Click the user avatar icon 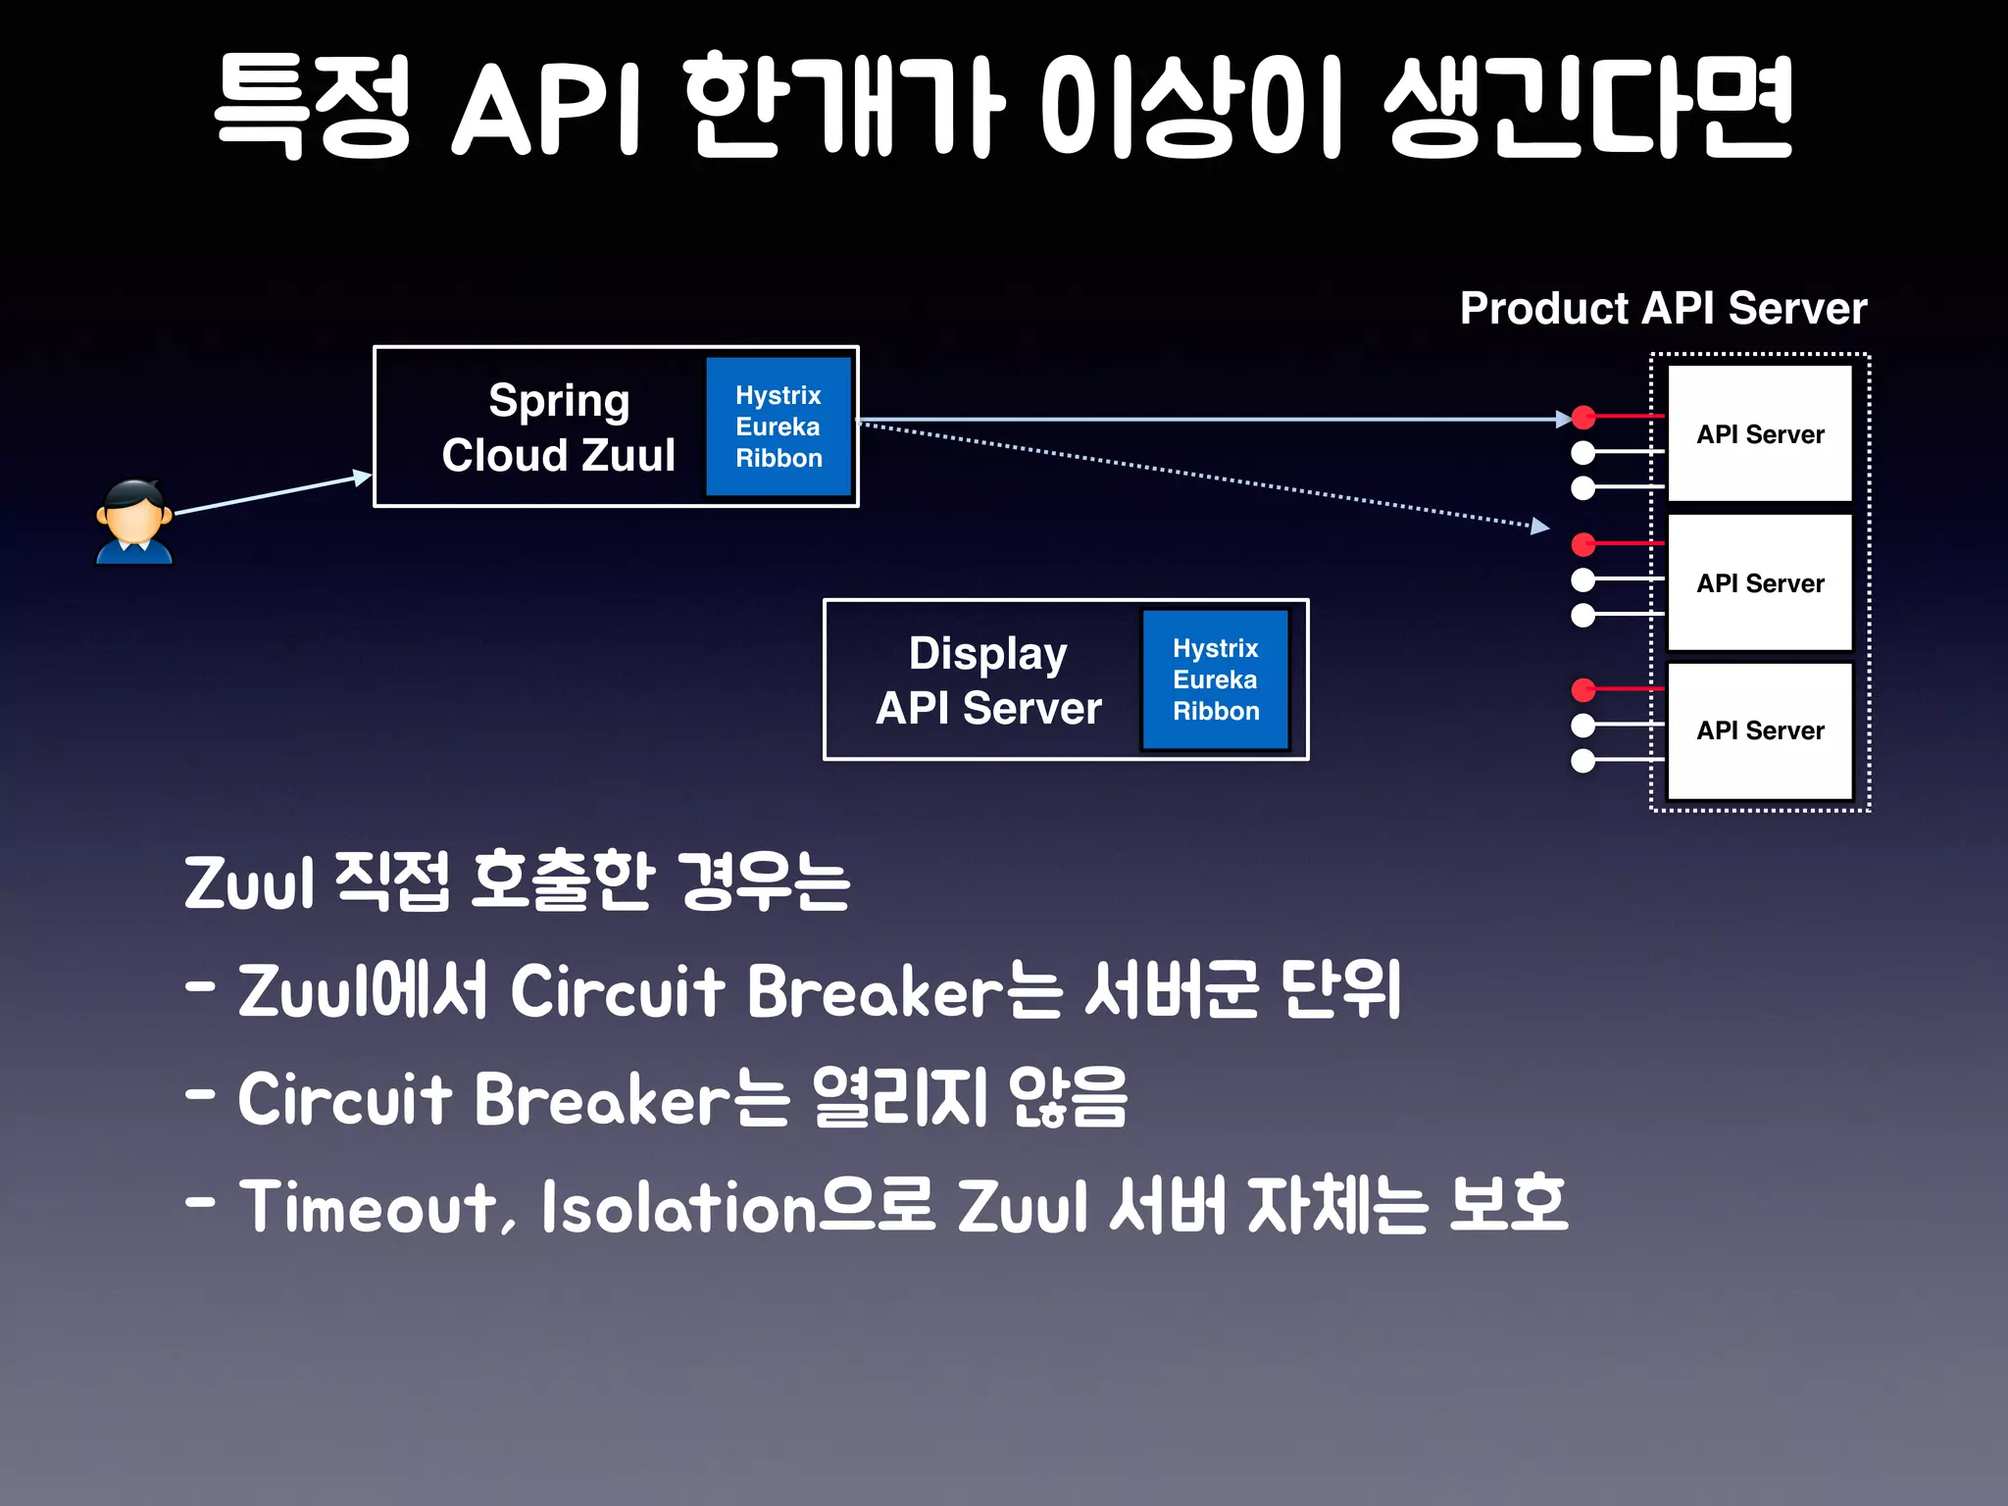[134, 522]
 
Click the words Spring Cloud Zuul [558, 427]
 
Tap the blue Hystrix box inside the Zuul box [778, 427]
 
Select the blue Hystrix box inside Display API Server [1215, 679]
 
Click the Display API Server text [988, 680]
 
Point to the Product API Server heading [1663, 308]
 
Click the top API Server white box [1760, 433]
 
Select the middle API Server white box [1760, 582]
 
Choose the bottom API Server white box [1760, 730]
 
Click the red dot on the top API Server [1583, 417]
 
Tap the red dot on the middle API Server [1583, 543]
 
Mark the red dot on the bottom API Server [1583, 690]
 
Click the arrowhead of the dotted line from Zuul [1540, 527]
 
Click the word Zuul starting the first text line [249, 883]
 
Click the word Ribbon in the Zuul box [778, 458]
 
